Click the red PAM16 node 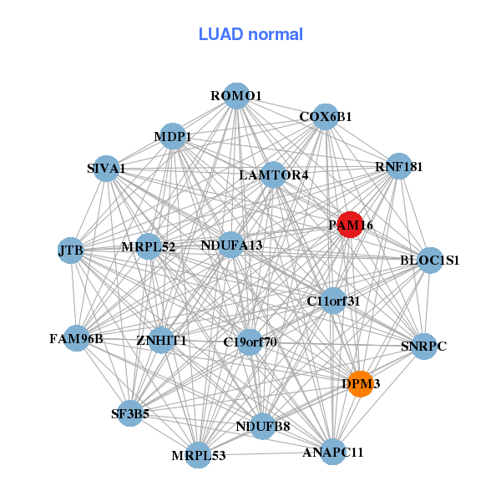[350, 224]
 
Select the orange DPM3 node [360, 383]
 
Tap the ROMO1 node [236, 96]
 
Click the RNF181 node [399, 166]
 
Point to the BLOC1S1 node [430, 261]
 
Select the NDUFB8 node [263, 426]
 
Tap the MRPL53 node [199, 455]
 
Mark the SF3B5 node [130, 412]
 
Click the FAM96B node [77, 338]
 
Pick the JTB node [70, 250]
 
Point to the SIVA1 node [105, 169]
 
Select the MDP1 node [173, 136]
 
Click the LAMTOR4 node [273, 175]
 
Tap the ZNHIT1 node [161, 341]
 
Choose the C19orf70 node [250, 342]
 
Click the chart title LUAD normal [250, 34]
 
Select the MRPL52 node [149, 246]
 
